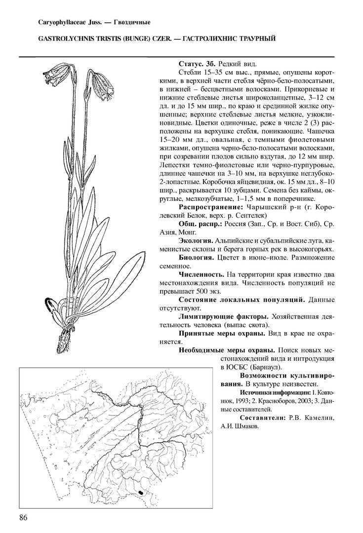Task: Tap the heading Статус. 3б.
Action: pos(197,65)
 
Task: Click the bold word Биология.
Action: pos(196,258)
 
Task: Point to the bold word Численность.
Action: pos(201,274)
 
